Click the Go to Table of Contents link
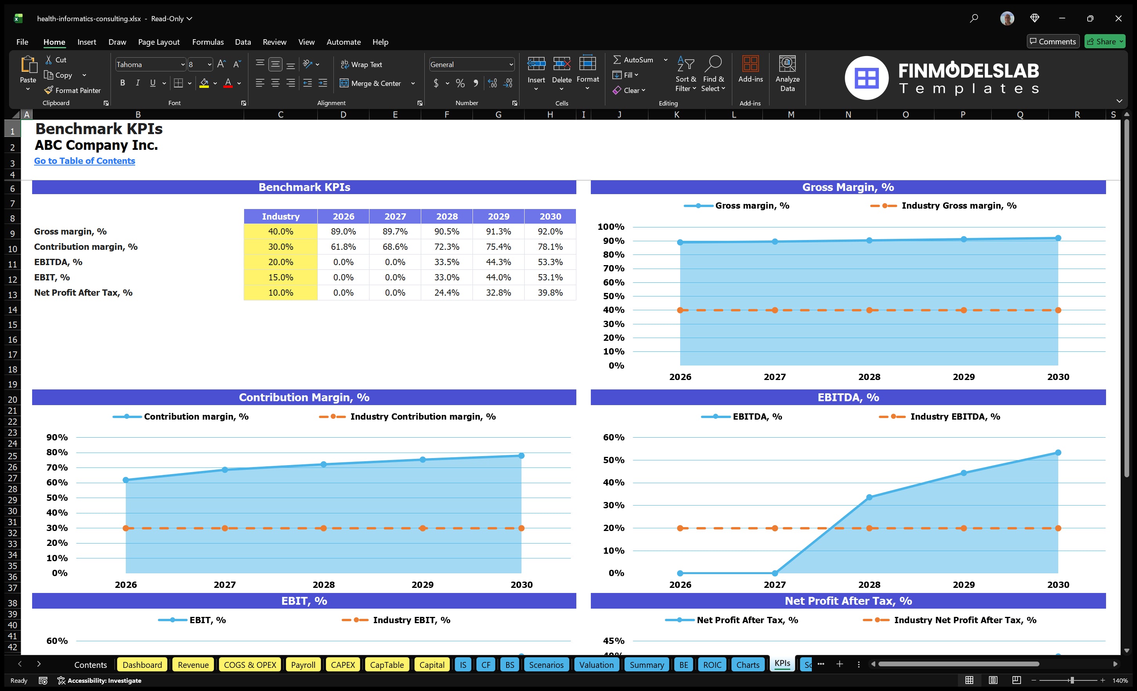coord(85,161)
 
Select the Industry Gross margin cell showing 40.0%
coord(280,231)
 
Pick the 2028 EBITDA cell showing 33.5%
coord(446,262)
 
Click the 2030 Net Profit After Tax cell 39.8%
coord(550,293)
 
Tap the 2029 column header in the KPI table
coord(498,216)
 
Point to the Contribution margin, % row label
coord(86,247)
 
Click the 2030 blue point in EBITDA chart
coord(1057,453)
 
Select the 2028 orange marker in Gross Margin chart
coord(869,310)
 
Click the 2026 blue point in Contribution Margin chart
coord(125,480)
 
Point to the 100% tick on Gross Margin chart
coord(610,227)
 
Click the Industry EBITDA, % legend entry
coord(954,416)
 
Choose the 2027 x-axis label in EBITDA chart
coord(774,584)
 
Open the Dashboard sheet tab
coord(142,665)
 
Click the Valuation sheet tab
coord(596,665)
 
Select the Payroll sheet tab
coord(303,665)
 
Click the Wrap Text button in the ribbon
coord(361,65)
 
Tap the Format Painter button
coord(72,91)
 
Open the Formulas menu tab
coord(208,42)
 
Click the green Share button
coord(1105,42)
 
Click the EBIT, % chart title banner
coord(304,601)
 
